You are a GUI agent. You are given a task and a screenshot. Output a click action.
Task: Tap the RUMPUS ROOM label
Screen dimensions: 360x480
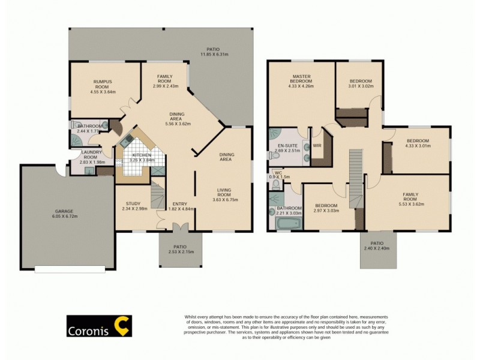click(x=103, y=84)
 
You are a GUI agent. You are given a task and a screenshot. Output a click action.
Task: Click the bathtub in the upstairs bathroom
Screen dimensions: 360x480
click(x=282, y=224)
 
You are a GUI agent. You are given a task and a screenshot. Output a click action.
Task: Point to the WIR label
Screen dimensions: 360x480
click(x=317, y=145)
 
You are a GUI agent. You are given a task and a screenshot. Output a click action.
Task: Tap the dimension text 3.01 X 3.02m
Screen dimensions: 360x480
click(x=361, y=86)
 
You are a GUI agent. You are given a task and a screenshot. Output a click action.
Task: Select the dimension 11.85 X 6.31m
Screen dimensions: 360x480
click(x=213, y=54)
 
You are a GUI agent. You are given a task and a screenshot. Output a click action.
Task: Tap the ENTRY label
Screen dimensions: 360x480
click(x=179, y=203)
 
